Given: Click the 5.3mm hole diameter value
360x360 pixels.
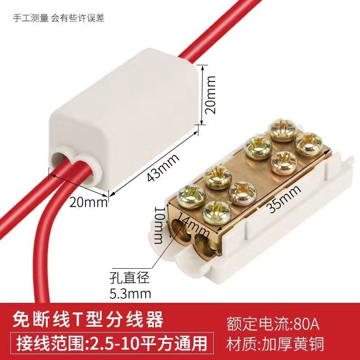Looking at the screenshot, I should click(x=130, y=293).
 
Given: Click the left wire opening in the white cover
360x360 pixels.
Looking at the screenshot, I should click(x=60, y=158).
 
